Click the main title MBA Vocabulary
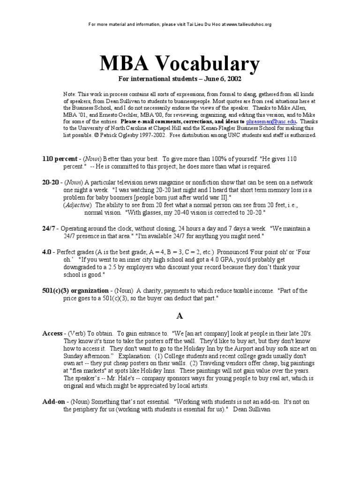[180, 64]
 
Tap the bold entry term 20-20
[50, 182]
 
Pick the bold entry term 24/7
[49, 228]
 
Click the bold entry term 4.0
[46, 252]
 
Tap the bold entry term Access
[52, 333]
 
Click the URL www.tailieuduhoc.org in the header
[248, 24]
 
